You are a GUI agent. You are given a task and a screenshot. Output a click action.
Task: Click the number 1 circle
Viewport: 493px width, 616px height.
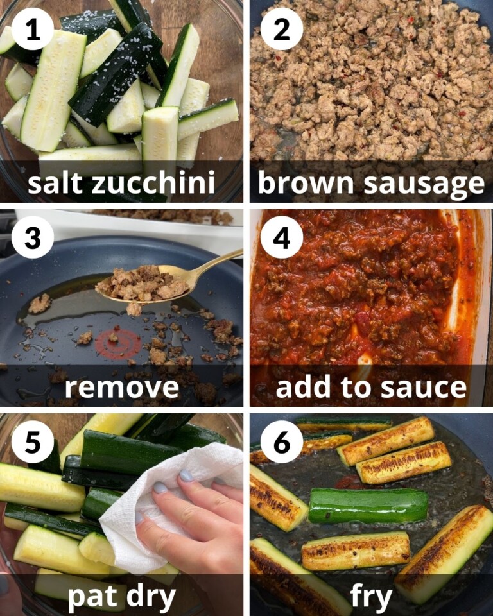[x=31, y=29]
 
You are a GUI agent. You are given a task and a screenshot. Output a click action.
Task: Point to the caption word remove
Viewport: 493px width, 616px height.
[x=121, y=388]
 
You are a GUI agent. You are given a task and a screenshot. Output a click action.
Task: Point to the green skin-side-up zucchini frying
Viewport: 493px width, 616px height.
[x=368, y=505]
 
